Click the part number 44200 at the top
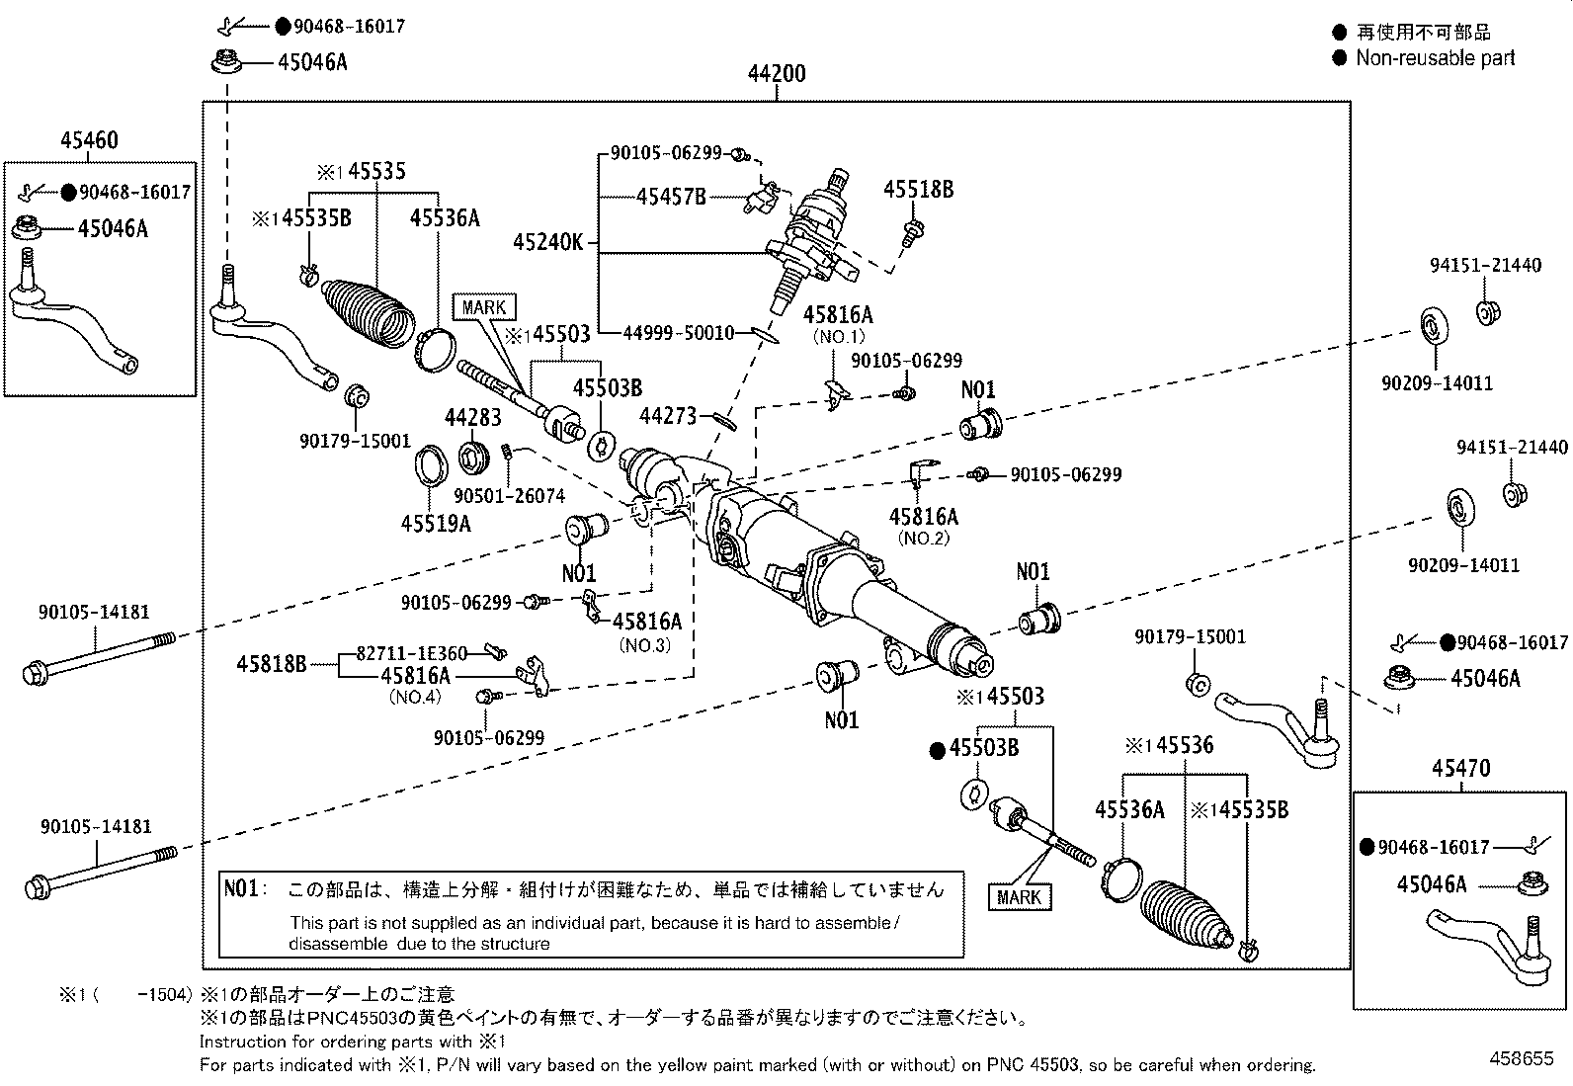[777, 73]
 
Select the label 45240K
[547, 242]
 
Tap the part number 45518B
[919, 190]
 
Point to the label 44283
[472, 418]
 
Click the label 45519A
[436, 524]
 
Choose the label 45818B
[272, 664]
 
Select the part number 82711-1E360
[411, 653]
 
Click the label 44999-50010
[679, 332]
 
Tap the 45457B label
[671, 197]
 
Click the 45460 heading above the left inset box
[89, 140]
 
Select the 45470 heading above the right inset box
[1460, 769]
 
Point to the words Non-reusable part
[1436, 57]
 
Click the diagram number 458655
[1522, 1058]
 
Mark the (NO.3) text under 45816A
[644, 645]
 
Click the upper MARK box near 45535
[484, 307]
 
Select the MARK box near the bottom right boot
[1020, 897]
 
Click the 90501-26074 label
[509, 496]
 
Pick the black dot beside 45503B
[937, 751]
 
